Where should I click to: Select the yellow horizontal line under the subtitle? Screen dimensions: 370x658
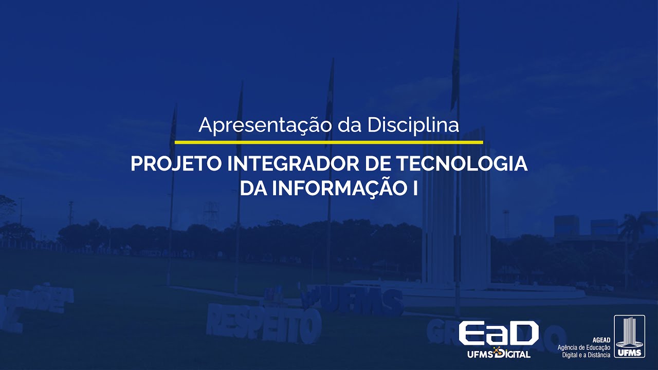(329, 141)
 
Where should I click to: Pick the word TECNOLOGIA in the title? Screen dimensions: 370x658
(462, 164)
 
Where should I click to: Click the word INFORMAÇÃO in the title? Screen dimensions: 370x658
(339, 188)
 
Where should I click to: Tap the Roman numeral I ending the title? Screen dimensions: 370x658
(414, 188)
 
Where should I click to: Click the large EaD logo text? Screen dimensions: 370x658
(498, 334)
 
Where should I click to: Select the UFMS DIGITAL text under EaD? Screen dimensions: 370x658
(499, 354)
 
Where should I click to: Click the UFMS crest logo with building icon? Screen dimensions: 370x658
(629, 337)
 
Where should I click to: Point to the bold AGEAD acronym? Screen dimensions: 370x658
(601, 340)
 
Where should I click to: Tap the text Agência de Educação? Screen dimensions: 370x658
(584, 348)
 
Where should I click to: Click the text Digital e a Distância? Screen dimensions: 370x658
(586, 355)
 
